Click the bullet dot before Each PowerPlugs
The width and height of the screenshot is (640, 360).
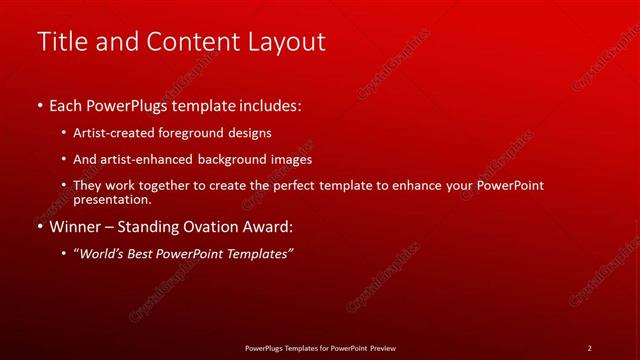coord(39,104)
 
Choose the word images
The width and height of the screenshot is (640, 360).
coord(291,159)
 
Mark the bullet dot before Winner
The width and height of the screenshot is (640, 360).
coord(39,227)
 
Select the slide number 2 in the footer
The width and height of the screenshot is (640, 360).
coord(589,348)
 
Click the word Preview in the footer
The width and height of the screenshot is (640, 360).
coord(382,348)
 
